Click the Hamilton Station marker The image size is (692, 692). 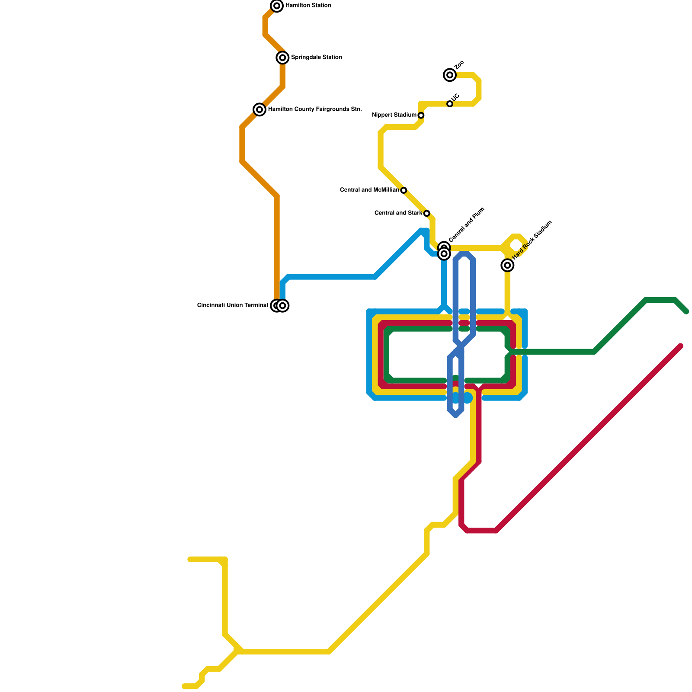point(277,6)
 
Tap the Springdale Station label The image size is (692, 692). point(316,58)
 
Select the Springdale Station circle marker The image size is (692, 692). point(282,58)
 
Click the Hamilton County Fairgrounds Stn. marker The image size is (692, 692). point(259,109)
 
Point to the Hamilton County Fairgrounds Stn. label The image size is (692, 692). point(315,109)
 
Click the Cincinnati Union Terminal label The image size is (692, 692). point(232,305)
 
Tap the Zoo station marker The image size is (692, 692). point(450,75)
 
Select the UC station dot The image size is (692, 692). point(450,104)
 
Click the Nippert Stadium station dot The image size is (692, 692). point(421,115)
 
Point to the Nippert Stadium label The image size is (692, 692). point(394,115)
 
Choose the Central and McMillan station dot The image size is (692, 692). point(404,190)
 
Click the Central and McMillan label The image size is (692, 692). point(369,190)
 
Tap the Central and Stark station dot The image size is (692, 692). point(426,213)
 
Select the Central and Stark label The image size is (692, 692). point(398,213)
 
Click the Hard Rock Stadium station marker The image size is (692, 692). point(507,265)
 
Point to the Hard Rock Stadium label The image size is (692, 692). point(532,240)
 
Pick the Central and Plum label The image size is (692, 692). point(467,225)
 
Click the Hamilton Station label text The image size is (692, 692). point(308,6)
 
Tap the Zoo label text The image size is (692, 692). point(459,65)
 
